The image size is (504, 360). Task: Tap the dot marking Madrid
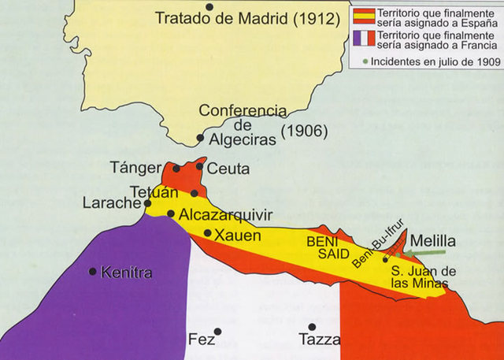(209, 7)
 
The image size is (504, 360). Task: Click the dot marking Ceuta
(199, 166)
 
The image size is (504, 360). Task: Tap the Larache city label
(110, 203)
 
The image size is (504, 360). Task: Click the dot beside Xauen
(207, 232)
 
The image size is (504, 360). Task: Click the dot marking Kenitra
(93, 272)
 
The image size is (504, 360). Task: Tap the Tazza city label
(320, 340)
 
